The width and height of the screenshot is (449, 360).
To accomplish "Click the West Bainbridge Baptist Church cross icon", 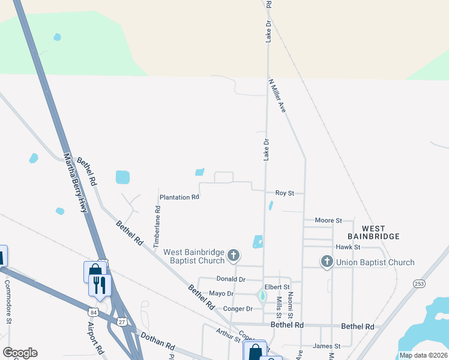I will pyautogui.click(x=234, y=257).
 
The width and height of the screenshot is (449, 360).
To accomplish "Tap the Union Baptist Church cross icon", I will pyautogui.click(x=327, y=262).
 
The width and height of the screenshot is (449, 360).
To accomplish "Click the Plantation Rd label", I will pyautogui.click(x=179, y=197).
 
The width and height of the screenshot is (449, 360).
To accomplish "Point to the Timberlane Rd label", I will pyautogui.click(x=157, y=228).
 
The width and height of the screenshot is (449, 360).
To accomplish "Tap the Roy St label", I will pyautogui.click(x=285, y=193).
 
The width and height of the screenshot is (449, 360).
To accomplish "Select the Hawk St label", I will pyautogui.click(x=348, y=247).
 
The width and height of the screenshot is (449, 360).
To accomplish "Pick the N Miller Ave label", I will pyautogui.click(x=277, y=95).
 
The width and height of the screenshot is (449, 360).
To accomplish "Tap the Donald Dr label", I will pyautogui.click(x=231, y=279).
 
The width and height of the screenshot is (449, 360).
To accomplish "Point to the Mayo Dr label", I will pyautogui.click(x=220, y=293).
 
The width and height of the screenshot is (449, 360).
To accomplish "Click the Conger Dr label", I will pyautogui.click(x=238, y=308).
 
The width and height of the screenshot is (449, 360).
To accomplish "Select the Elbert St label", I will pyautogui.click(x=277, y=287).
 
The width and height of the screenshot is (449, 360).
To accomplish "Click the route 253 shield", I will pyautogui.click(x=419, y=283).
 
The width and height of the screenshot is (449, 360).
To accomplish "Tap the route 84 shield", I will pyautogui.click(x=93, y=313).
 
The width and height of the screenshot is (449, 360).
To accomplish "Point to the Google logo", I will pyautogui.click(x=20, y=353).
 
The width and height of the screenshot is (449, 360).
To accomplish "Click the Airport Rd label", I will pyautogui.click(x=94, y=337).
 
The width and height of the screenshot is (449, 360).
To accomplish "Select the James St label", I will pyautogui.click(x=327, y=346).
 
